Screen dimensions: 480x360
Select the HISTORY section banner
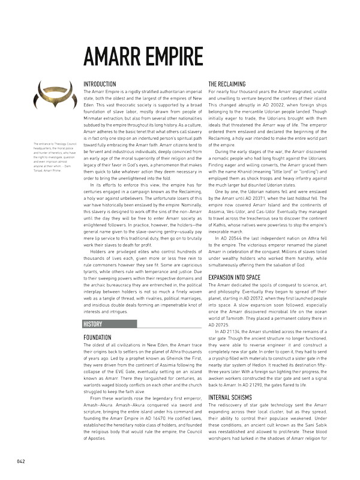(x=95, y=324)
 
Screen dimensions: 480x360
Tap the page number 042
(x=20, y=461)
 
